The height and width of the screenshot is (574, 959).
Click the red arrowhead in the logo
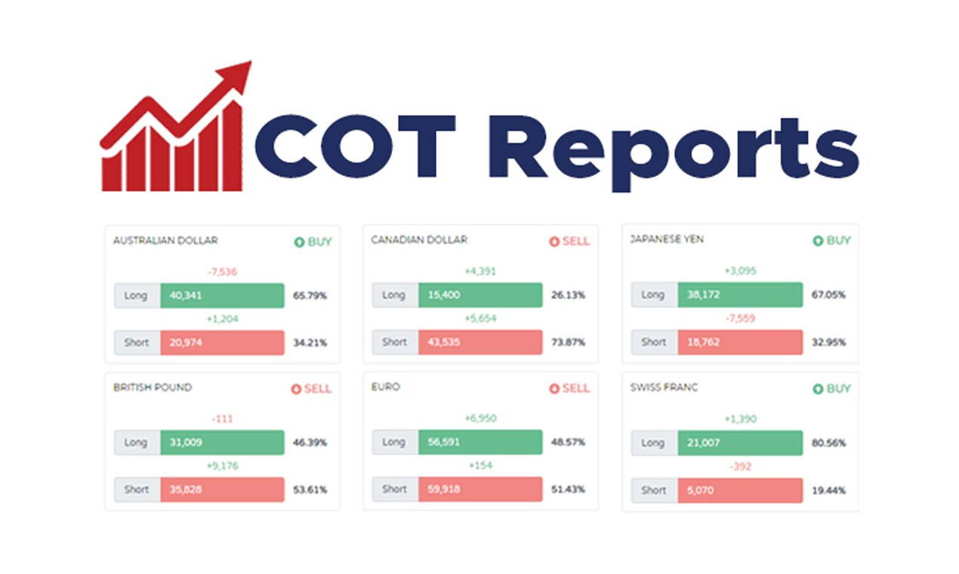tap(236, 76)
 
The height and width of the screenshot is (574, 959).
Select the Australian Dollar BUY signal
tap(313, 242)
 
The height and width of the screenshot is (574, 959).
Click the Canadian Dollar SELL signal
tap(569, 242)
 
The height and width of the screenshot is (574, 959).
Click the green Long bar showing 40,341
tap(222, 295)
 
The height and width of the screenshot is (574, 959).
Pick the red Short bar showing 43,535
tap(479, 342)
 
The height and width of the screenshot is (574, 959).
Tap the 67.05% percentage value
tap(828, 295)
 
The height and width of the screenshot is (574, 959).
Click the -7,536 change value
tap(222, 272)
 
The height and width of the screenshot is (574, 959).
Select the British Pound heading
tap(153, 387)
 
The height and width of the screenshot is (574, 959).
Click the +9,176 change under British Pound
tap(222, 466)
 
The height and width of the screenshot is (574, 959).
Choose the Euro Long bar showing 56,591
tap(479, 443)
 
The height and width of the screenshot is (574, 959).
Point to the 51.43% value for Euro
tap(568, 490)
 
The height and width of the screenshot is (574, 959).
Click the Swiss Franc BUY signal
tap(831, 389)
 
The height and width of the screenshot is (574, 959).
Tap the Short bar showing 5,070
tap(739, 490)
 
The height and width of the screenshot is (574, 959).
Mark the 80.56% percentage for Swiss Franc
tap(828, 443)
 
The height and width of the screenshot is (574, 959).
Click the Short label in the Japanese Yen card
tap(654, 342)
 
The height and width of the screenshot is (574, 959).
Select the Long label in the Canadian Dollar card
tap(394, 295)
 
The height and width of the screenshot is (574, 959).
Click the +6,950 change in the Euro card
tap(479, 418)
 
